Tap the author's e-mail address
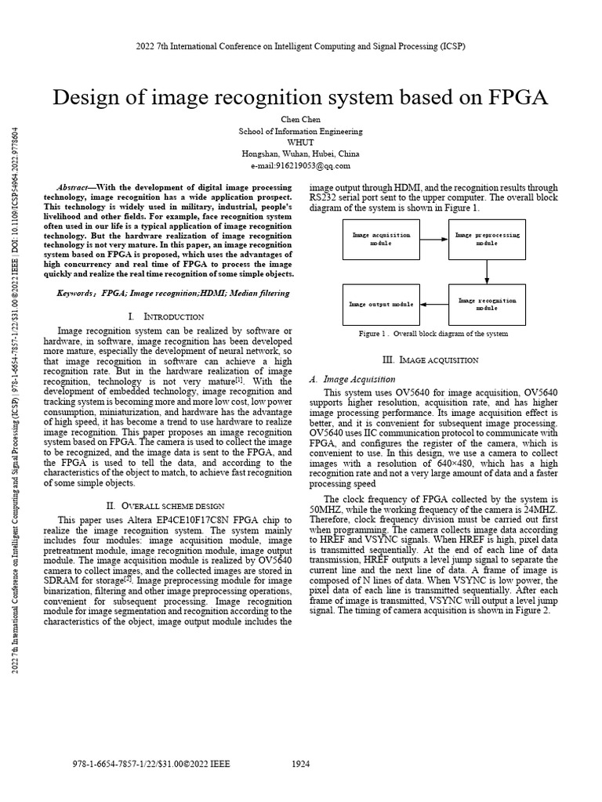pos(300,165)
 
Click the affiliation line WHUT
pos(300,143)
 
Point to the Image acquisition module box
pos(381,239)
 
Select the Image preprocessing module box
pos(487,239)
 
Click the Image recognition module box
pos(487,304)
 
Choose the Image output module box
pos(381,304)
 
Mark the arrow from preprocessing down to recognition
pos(487,271)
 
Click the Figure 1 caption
pos(433,334)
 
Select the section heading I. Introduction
pos(165,316)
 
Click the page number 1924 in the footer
pos(301,764)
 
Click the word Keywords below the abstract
pos(76,293)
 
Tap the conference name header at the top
pos(300,46)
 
